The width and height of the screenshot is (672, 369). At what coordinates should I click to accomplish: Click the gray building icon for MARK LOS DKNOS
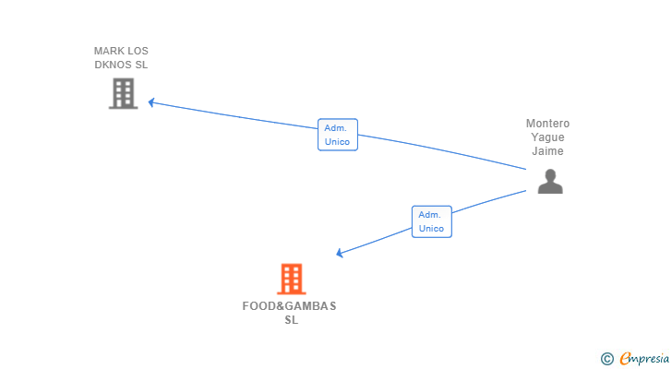[124, 93]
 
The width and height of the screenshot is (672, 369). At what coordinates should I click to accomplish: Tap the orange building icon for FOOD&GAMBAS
[291, 279]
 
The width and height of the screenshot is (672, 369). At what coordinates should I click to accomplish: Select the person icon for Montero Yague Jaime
[550, 182]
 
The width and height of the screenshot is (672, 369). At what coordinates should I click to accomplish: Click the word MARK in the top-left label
[109, 51]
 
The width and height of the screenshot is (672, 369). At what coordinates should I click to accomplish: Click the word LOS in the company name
[138, 51]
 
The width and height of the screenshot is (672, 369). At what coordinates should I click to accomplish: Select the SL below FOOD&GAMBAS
[291, 320]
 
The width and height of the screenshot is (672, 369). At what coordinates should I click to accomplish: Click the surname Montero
[547, 124]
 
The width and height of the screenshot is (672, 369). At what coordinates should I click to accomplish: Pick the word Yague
[547, 137]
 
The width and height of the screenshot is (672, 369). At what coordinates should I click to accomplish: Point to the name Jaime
[547, 151]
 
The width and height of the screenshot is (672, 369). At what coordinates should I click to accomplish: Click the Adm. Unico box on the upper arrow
[337, 135]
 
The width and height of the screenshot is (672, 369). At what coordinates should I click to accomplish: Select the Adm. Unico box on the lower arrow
[431, 221]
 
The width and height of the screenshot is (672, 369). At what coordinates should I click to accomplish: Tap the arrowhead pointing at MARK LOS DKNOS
[151, 102]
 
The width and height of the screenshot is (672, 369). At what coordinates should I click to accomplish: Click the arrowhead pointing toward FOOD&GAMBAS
[340, 253]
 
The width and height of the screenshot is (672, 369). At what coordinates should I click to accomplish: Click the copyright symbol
[606, 358]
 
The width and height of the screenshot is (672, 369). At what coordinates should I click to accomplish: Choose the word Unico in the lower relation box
[431, 228]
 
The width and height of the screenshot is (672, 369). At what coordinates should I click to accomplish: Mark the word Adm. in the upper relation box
[337, 128]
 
